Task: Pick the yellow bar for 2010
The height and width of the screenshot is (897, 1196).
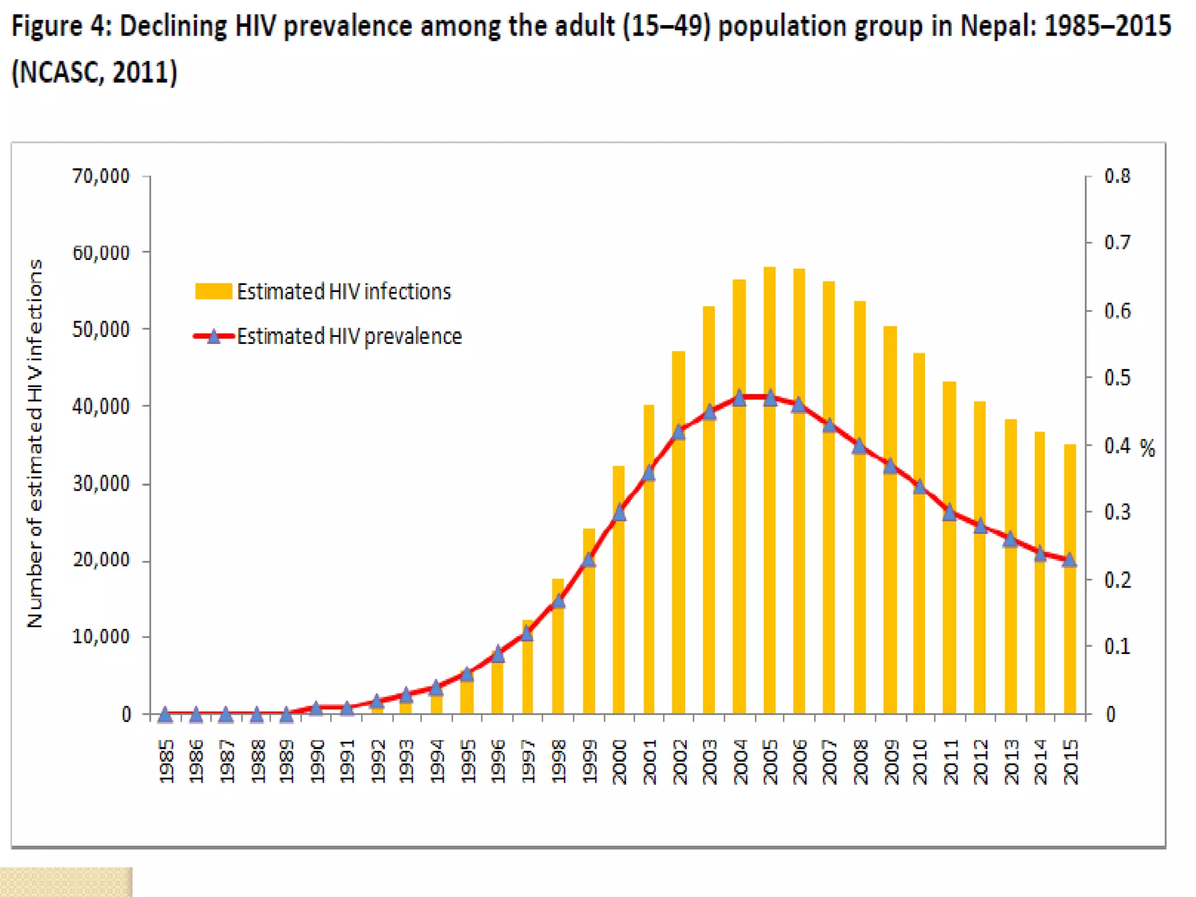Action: point(919,584)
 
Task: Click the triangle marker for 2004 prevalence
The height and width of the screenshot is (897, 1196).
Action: point(739,398)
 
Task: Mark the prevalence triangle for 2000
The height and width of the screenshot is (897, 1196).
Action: point(619,513)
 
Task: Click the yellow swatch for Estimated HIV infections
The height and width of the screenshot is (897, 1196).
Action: point(213,291)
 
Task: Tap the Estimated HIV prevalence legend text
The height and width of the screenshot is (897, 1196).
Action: point(349,336)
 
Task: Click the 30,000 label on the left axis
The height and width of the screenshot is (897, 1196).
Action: point(101,484)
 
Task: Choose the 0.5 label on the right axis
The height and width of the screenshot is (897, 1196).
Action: point(1117,378)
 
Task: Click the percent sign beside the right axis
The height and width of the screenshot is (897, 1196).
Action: point(1148,448)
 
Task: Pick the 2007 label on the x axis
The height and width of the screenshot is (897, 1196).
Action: point(829,762)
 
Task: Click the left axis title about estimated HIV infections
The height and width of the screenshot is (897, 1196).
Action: point(35,444)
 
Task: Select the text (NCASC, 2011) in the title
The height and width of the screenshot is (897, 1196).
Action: point(95,72)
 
